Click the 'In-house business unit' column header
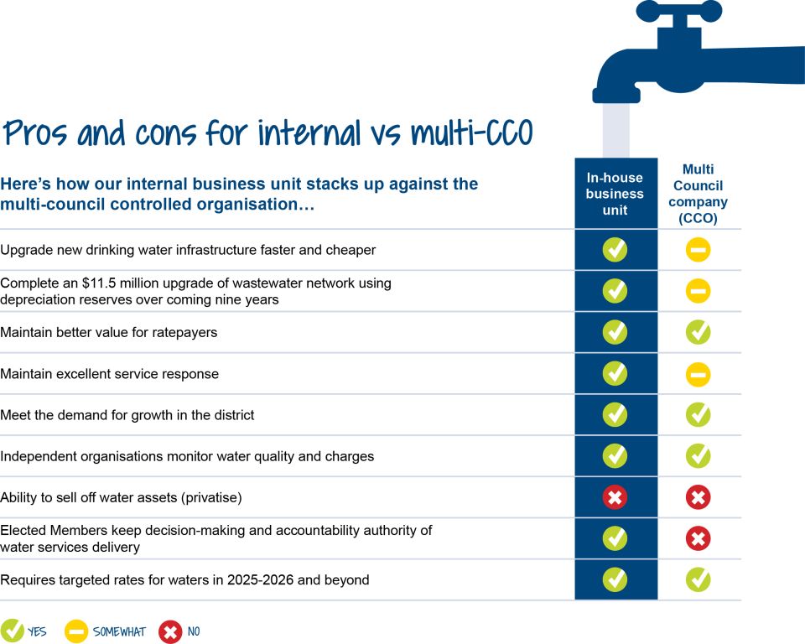pos(615,194)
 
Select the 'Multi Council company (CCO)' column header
pos(698,194)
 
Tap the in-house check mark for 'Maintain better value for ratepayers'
pos(615,332)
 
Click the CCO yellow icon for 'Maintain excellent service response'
pos(698,374)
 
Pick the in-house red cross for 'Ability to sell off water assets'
pos(615,497)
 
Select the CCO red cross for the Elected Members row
pos(698,538)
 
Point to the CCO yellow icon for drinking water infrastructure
pos(698,250)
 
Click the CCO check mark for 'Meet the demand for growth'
pos(698,415)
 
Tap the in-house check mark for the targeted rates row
pos(615,579)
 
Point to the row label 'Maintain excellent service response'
pos(109,374)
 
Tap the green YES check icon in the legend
pos(13,631)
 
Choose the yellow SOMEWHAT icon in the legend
pos(76,631)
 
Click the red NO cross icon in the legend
pos(170,631)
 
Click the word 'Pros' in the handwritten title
pos(35,133)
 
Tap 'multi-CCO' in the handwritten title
pos(472,132)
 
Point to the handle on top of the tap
pos(678,11)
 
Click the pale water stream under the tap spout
pos(615,131)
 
